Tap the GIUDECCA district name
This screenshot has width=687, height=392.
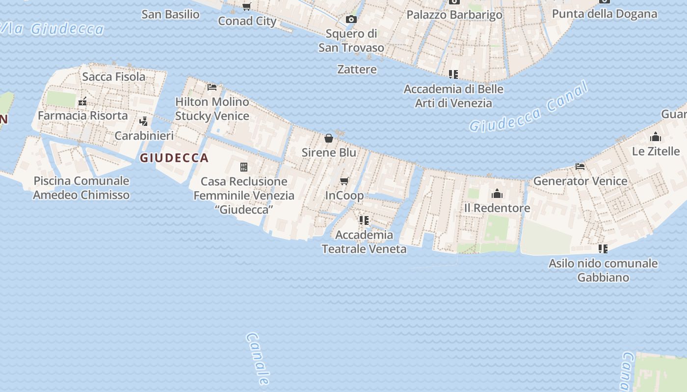click(174, 158)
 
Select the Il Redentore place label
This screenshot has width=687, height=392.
click(497, 208)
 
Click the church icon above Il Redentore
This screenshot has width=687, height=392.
click(497, 194)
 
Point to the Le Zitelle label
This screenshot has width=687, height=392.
click(656, 151)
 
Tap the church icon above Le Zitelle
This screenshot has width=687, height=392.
click(656, 137)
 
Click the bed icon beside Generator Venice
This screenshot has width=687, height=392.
click(580, 167)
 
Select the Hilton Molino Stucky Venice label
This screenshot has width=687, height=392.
click(212, 109)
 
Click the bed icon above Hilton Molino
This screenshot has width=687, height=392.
click(212, 87)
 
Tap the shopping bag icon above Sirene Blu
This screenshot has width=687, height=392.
click(329, 138)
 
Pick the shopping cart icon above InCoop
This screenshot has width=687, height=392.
click(344, 181)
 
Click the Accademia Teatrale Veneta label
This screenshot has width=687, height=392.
click(364, 242)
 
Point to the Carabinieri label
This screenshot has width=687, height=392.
click(144, 135)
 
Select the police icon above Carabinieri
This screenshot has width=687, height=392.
click(143, 121)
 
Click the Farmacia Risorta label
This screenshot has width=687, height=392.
click(82, 116)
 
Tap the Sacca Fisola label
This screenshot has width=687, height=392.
click(114, 76)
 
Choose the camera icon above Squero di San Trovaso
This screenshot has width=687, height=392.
click(351, 20)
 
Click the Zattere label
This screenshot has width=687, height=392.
click(357, 69)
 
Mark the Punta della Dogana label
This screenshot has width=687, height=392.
click(605, 13)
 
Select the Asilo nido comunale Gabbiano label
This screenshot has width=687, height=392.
click(603, 270)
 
